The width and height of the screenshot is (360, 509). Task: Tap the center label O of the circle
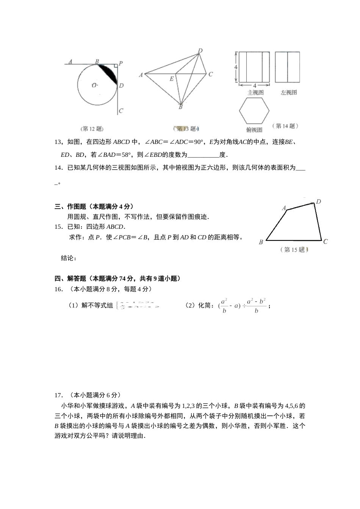(x=94, y=85)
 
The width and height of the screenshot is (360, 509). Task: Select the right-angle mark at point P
(x=115, y=67)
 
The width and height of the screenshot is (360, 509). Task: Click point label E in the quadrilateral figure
(x=172, y=79)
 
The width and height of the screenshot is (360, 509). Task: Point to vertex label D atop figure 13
(x=200, y=51)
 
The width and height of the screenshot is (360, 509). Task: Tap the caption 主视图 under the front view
(x=255, y=92)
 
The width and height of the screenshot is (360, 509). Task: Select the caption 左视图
(x=288, y=92)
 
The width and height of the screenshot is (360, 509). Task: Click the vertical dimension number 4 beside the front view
(x=235, y=67)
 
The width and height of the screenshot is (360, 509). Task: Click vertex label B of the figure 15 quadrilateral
(x=261, y=242)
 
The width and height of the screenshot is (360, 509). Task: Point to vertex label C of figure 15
(x=325, y=241)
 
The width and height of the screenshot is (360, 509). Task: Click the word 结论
(x=68, y=258)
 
